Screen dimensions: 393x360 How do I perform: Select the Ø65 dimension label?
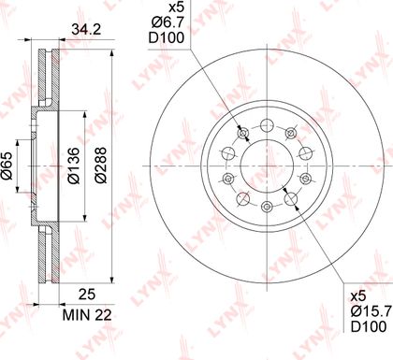pyautogui.click(x=7, y=166)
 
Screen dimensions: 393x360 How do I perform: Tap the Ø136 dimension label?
pyautogui.click(x=74, y=166)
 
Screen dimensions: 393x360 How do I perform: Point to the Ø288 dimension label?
pyautogui.click(x=101, y=166)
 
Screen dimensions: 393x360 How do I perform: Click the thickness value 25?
pyautogui.click(x=86, y=295)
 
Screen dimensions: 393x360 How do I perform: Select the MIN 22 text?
pyautogui.click(x=87, y=315)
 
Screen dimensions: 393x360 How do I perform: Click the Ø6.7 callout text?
pyautogui.click(x=168, y=22)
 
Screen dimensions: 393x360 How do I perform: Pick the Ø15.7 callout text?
pyautogui.click(x=371, y=310)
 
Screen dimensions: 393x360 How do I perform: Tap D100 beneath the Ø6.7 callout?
pyautogui.click(x=167, y=37)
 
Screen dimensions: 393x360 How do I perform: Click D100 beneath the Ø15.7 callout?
pyautogui.click(x=369, y=326)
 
